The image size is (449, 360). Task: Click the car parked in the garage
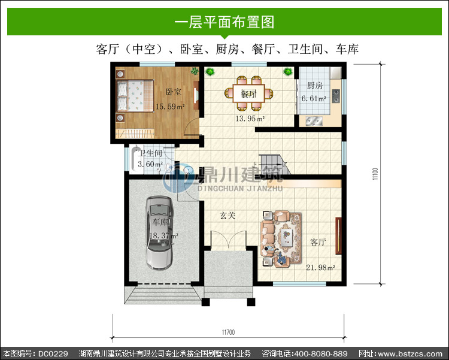pos(159,233)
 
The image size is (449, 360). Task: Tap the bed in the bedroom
pos(135,96)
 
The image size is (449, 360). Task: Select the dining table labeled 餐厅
pos(248,93)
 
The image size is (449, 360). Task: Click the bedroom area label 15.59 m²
pos(170,107)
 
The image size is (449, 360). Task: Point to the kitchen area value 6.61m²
pos(314,99)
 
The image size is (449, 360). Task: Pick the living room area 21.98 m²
pos(320,267)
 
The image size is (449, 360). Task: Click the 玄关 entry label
pos(227,215)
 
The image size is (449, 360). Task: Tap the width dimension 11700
pos(228,332)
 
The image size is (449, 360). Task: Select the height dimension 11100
pos(375,174)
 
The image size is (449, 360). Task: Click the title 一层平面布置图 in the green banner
pos(224,22)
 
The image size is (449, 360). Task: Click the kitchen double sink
pos(314,121)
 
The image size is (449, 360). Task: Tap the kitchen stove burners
pos(336,96)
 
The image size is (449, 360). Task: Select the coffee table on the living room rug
pos(286,237)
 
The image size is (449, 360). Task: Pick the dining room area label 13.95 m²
pos(250,119)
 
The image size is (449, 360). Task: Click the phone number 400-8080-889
pos(321,353)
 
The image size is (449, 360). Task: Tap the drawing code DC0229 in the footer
pos(53,353)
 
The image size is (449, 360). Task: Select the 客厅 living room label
pos(318,242)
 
